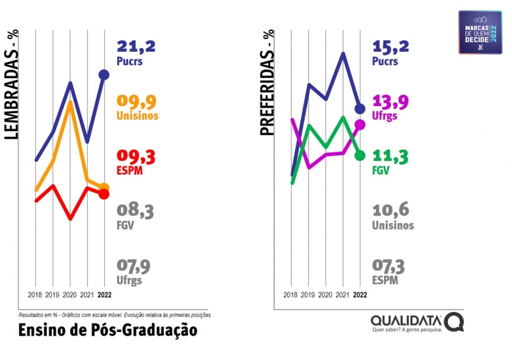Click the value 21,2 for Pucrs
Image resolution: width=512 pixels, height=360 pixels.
tap(136, 46)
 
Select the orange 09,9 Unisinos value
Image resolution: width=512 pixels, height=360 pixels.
tap(136, 101)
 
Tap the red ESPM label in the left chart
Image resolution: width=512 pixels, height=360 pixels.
tap(129, 171)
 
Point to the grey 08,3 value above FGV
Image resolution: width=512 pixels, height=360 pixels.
tap(136, 210)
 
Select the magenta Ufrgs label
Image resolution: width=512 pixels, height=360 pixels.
tap(385, 116)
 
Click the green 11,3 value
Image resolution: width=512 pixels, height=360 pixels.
tap(390, 156)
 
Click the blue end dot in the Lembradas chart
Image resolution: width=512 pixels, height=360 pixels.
tap(104, 75)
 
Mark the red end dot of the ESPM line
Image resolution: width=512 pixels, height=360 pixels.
tap(104, 194)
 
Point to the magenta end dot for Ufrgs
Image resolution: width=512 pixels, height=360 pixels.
tap(360, 125)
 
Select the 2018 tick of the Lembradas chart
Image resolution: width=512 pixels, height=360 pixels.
tap(35, 295)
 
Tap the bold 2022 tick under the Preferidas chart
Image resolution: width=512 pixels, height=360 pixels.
tap(360, 295)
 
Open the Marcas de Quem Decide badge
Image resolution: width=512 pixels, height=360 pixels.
tap(480, 31)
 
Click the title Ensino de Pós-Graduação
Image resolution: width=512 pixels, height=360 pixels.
tap(108, 331)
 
